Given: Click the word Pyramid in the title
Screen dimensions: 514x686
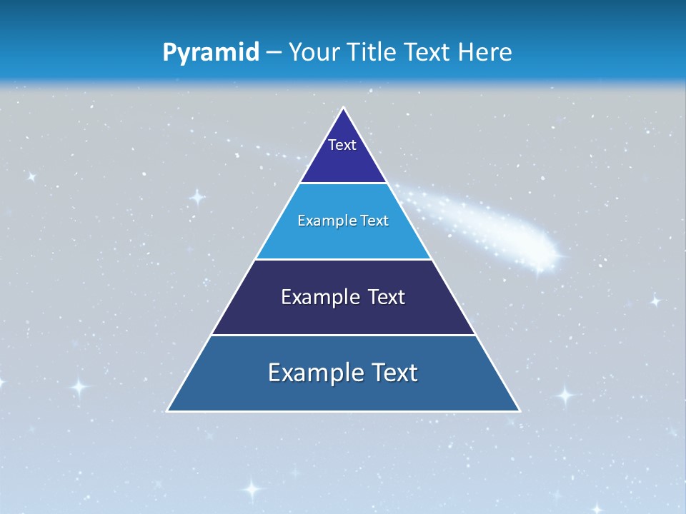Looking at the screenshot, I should pos(211,53).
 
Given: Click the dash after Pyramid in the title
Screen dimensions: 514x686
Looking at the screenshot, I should pos(274,53).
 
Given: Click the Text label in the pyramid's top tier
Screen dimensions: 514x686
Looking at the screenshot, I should pos(342,145).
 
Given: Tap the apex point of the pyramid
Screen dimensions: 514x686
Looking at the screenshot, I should pos(344,108).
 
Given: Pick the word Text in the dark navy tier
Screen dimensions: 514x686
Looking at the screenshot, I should pos(387,297).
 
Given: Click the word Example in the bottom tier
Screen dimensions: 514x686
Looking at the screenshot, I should pos(312,373).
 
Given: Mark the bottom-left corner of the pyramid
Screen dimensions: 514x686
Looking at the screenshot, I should pos(167,411).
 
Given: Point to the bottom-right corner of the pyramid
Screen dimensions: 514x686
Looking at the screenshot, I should pos(520,411).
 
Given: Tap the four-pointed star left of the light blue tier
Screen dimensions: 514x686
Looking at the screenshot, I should pos(198,197).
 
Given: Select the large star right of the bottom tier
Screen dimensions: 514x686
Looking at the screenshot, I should pos(566,394).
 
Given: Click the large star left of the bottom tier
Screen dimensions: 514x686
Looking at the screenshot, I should pos(79,387).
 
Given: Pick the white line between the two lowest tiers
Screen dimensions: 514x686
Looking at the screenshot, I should pos(343,335).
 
